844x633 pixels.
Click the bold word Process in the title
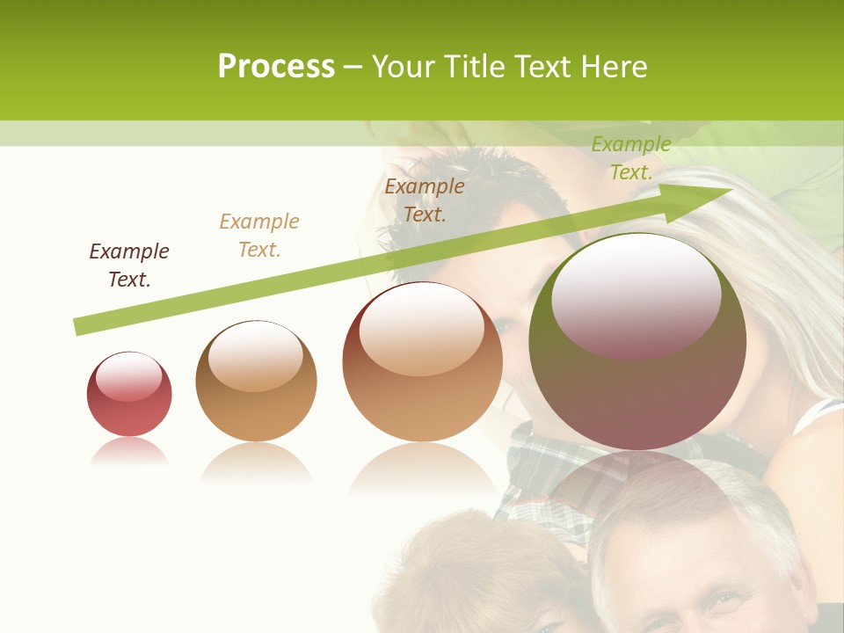[276, 67]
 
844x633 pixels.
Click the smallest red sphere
[129, 395]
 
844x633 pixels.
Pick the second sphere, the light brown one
[256, 381]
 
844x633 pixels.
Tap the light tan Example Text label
[259, 236]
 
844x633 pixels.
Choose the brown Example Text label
[425, 200]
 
